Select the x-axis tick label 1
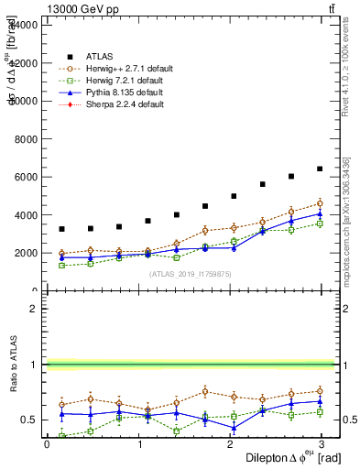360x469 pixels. click(x=138, y=444)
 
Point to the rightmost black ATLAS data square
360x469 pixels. click(x=320, y=169)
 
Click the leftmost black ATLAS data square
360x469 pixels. click(x=61, y=229)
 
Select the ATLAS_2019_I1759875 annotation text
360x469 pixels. click(x=191, y=274)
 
